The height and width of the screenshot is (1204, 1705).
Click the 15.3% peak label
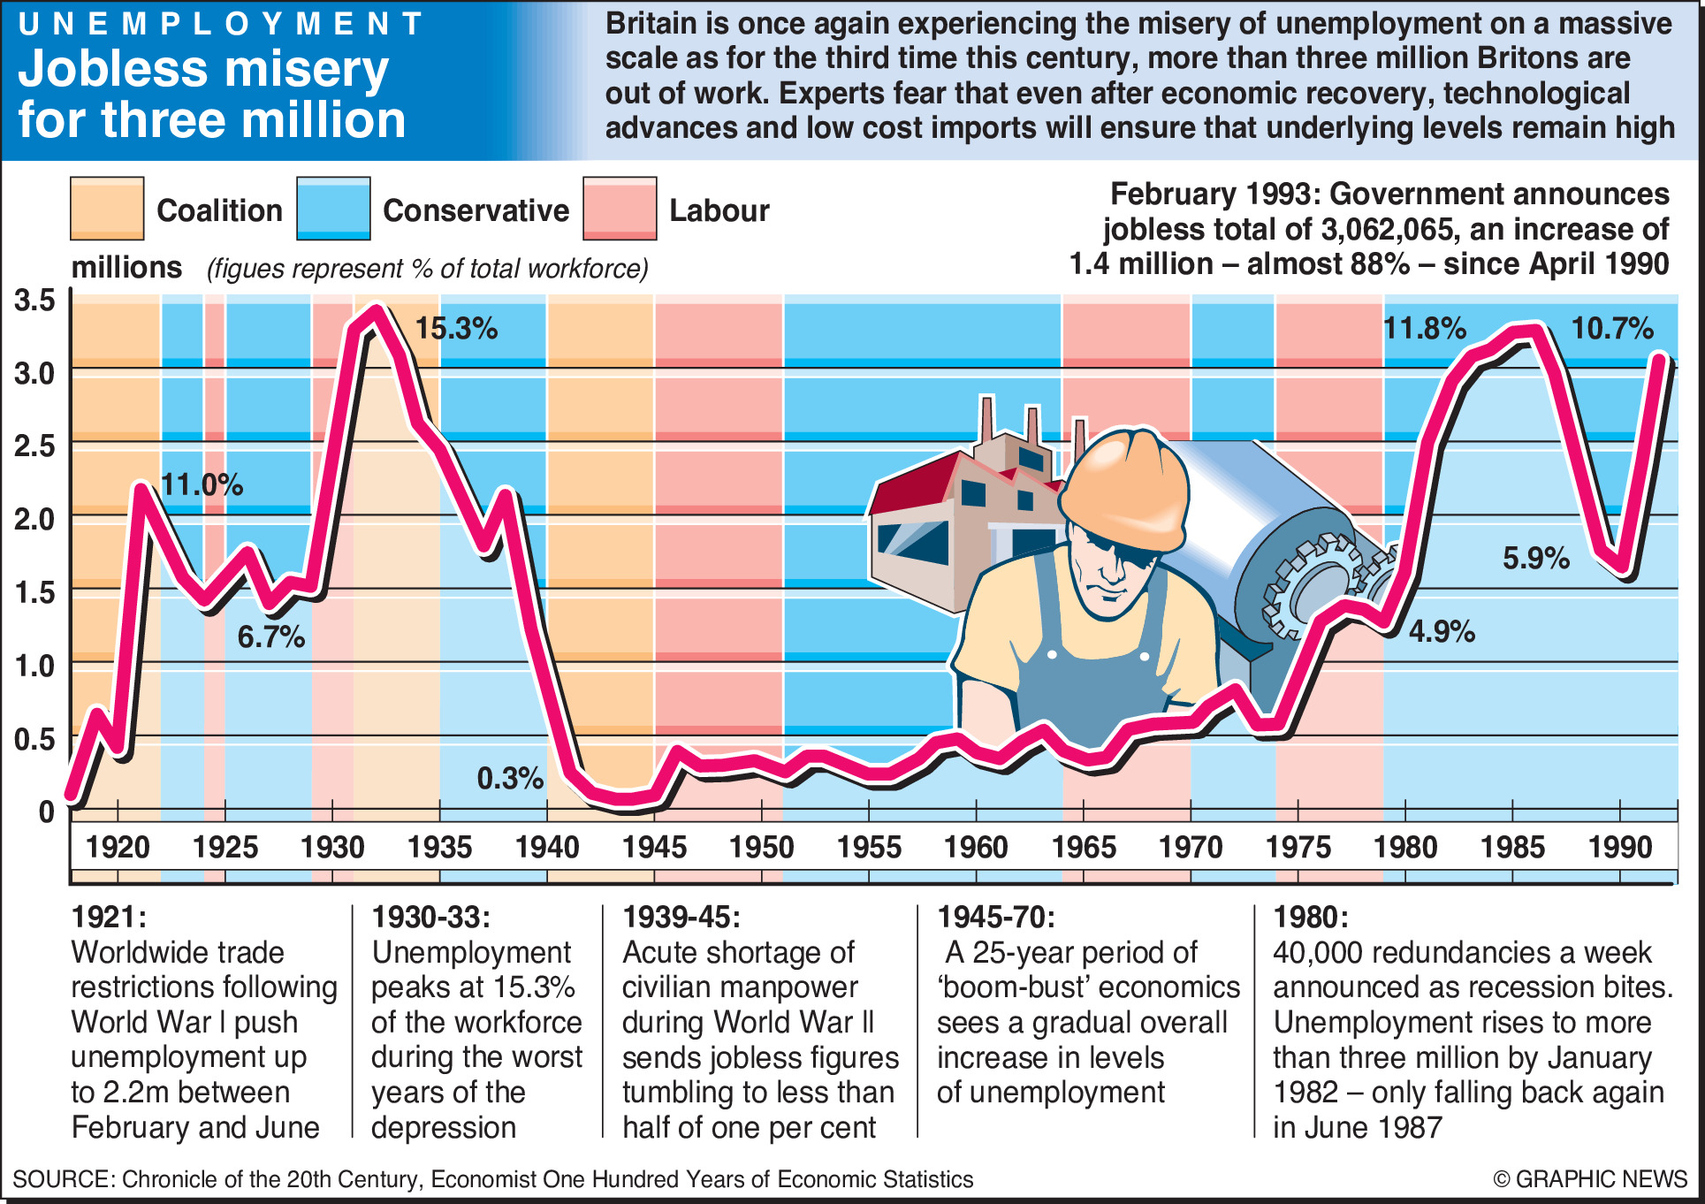456,329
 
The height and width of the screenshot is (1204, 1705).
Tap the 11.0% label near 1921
202,484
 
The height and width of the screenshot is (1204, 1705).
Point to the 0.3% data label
510,778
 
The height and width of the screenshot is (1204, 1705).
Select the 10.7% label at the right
1611,329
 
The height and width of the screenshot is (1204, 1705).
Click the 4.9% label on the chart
1442,631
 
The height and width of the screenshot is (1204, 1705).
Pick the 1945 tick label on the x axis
654,848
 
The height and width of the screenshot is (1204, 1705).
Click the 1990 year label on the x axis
1619,848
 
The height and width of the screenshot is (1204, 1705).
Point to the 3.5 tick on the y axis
35,301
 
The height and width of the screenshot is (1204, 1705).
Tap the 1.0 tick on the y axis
35,666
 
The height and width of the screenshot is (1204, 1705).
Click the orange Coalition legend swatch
107,209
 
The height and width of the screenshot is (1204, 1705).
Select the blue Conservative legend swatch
333,209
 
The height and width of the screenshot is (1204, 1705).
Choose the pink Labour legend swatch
620,209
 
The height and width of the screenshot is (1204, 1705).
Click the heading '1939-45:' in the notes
681,917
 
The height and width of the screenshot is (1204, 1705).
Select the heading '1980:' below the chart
1310,917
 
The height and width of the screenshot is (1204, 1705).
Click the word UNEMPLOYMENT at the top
221,24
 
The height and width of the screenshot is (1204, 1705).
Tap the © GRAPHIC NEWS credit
1590,1179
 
